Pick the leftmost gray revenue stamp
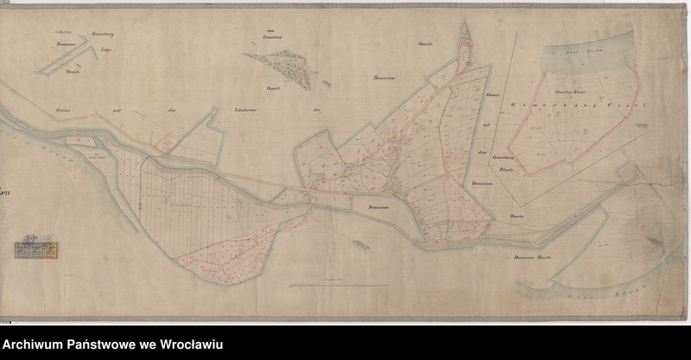20,250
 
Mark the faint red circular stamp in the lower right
663,298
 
